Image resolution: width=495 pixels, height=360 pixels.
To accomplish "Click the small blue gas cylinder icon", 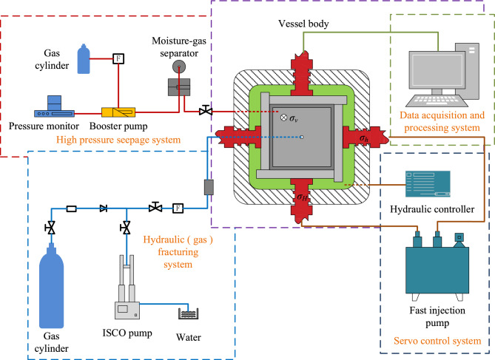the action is [84, 58].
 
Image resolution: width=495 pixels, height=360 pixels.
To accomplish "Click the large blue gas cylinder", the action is [52, 287].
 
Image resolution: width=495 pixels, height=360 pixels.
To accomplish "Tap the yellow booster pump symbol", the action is [118, 112].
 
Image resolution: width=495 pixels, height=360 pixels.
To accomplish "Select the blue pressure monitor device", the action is [54, 106].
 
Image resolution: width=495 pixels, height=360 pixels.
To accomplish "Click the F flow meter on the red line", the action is [118, 58].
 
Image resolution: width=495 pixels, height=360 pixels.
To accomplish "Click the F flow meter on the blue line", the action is [178, 208].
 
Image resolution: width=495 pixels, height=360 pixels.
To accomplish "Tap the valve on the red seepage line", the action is [206, 111].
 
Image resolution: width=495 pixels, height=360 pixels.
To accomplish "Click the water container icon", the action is [189, 314].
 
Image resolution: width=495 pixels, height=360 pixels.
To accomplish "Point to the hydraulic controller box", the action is [428, 184].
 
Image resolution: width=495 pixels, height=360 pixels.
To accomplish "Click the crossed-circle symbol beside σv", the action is [284, 118].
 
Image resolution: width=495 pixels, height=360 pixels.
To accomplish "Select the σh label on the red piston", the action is [364, 138].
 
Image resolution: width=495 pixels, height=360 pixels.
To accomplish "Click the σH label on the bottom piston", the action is [302, 197].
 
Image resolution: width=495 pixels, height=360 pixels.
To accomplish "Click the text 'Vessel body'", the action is [303, 24].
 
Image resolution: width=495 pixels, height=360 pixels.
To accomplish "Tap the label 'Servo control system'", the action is [437, 341].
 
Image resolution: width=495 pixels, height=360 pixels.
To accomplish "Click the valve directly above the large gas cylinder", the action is [50, 228].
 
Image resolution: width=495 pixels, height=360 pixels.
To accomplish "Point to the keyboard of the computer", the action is [437, 101].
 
